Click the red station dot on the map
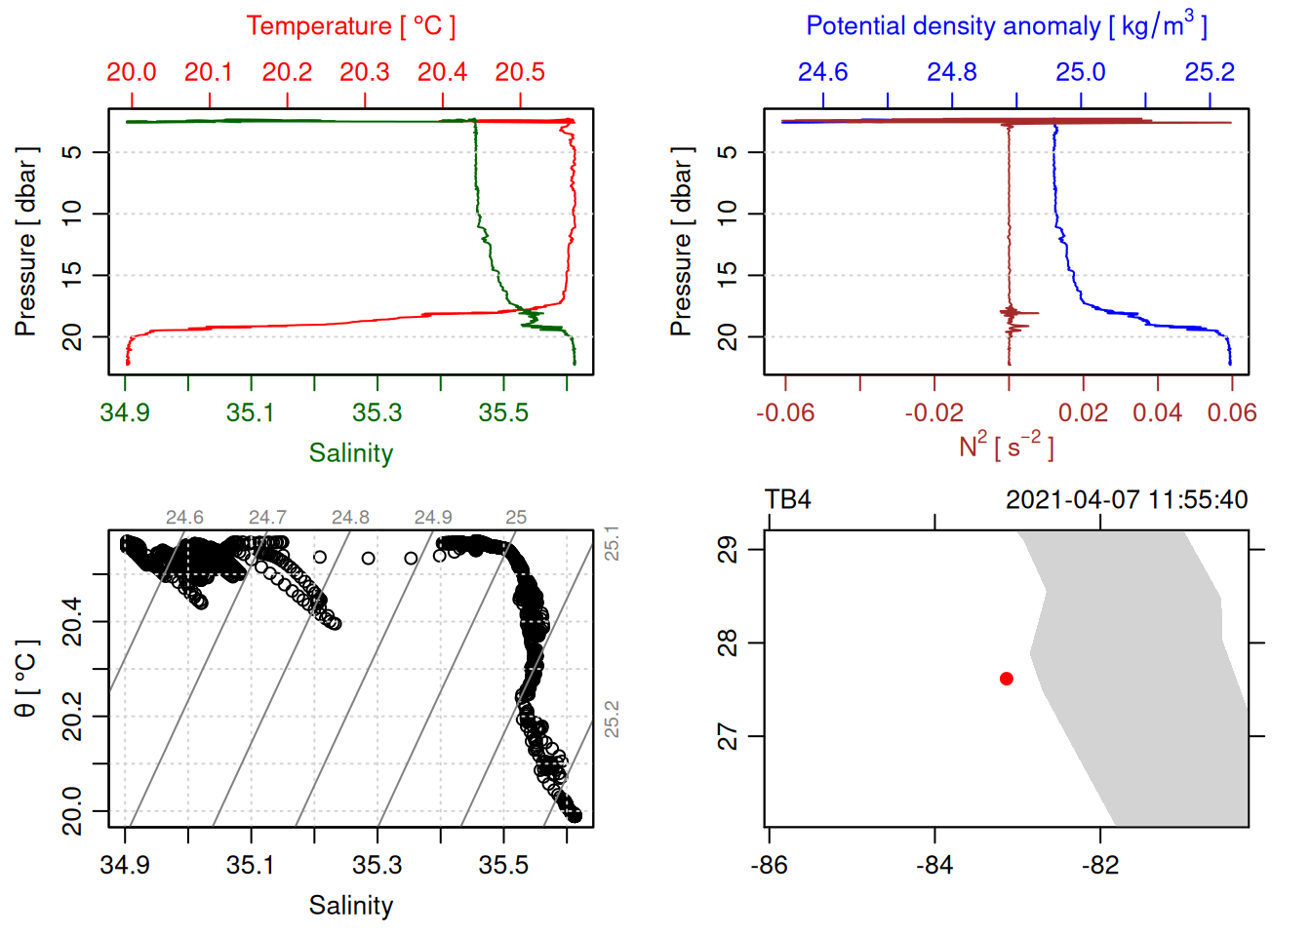tap(1007, 679)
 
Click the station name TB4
tap(788, 500)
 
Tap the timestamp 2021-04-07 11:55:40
tap(1127, 500)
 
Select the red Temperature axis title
tap(350, 26)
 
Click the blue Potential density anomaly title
tap(1006, 26)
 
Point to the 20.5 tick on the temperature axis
tap(520, 73)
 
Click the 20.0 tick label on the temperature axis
tap(132, 73)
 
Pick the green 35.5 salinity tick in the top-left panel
tap(503, 412)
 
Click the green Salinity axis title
tap(350, 453)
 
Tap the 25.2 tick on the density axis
tap(1210, 73)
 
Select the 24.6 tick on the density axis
tap(823, 73)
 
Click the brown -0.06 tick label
tap(785, 412)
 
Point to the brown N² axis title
tap(1006, 447)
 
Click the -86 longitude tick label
tap(769, 865)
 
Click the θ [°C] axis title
tap(26, 679)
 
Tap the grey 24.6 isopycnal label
tap(184, 518)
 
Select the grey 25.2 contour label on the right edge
tap(612, 719)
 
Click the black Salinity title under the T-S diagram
tap(350, 906)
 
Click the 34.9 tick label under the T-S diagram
tap(125, 865)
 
